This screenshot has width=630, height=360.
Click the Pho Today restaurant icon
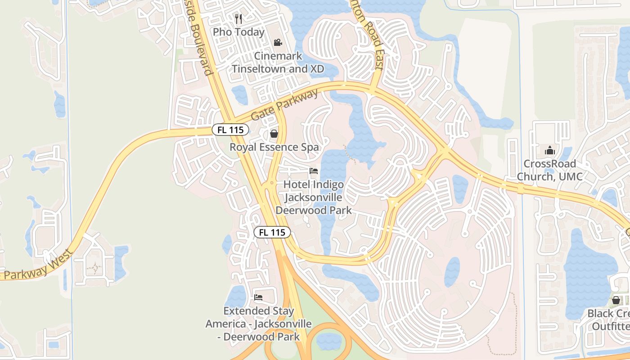(x=238, y=19)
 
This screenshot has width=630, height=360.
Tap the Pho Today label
(x=238, y=32)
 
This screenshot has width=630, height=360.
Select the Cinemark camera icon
(x=278, y=43)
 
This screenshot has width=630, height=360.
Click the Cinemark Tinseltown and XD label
(x=278, y=62)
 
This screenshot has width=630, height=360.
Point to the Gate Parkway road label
(x=284, y=105)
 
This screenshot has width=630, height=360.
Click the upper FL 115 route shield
(x=230, y=130)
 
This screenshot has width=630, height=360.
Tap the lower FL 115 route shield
(x=272, y=233)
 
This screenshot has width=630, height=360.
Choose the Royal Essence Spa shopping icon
(x=274, y=134)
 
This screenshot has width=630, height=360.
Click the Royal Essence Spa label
(x=274, y=147)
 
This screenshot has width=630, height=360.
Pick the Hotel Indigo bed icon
(x=314, y=171)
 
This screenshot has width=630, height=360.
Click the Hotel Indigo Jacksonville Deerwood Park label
(x=314, y=198)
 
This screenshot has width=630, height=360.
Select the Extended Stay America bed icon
(x=258, y=297)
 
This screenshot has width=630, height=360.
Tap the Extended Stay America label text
(x=259, y=324)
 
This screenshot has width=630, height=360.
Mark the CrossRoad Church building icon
(x=549, y=150)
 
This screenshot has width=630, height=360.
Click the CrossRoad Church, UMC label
(x=549, y=170)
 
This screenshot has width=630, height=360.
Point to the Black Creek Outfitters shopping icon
(x=616, y=300)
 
